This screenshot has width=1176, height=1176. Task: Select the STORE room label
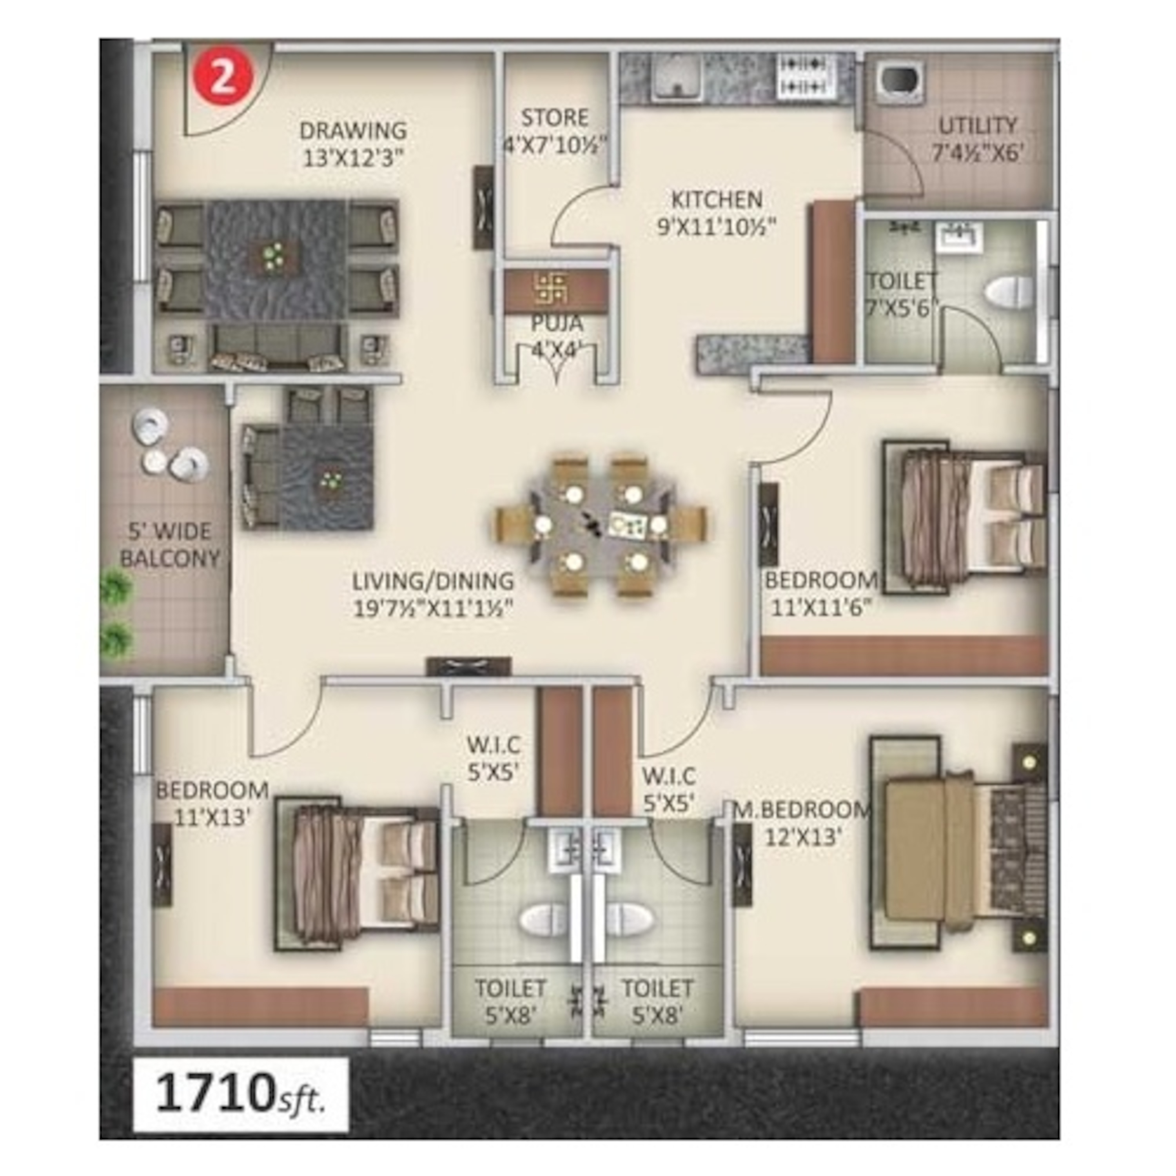(555, 118)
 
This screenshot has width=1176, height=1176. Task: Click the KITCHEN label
(717, 200)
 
